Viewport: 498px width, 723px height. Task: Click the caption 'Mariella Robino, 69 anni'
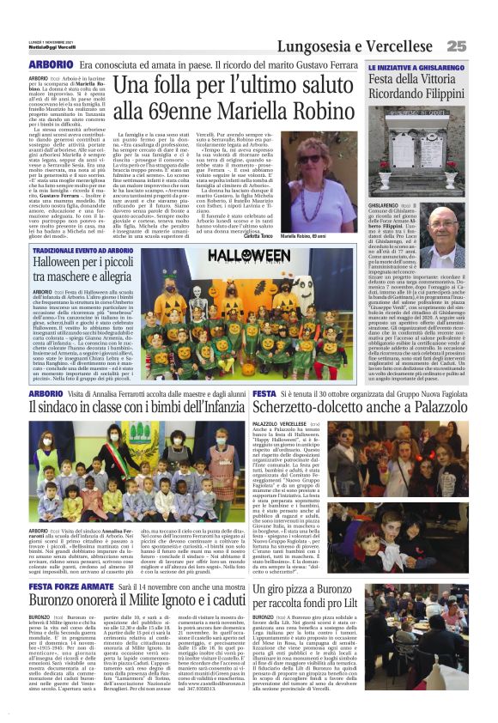[x=327, y=234]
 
